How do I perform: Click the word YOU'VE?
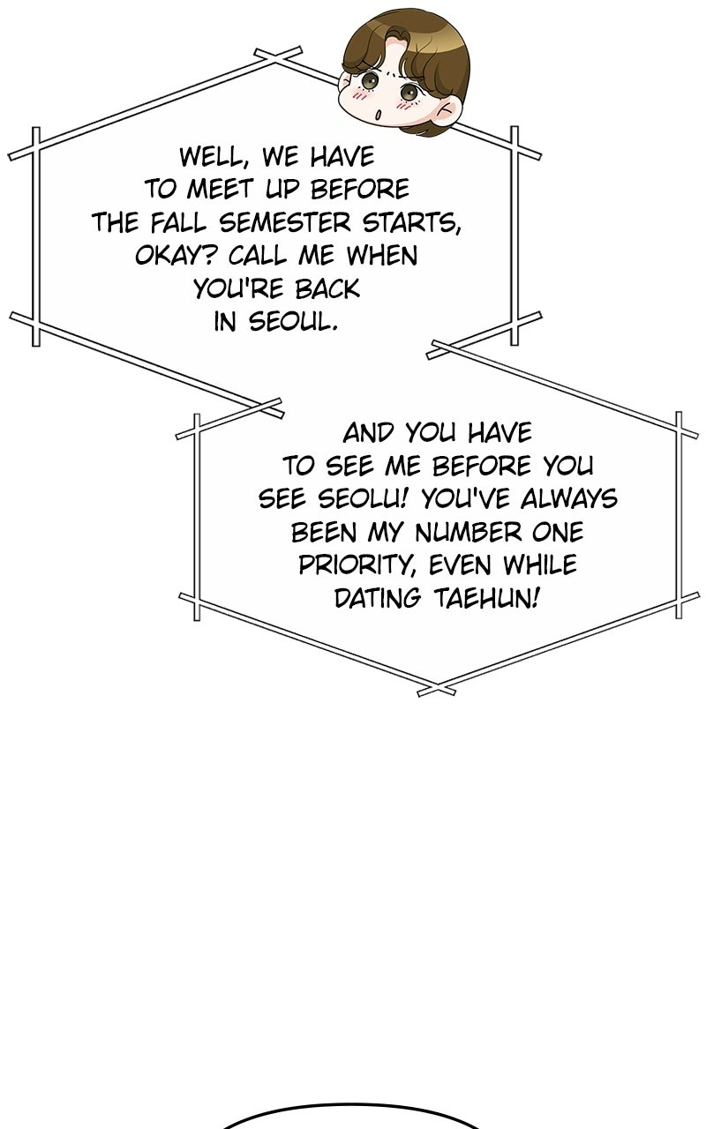pyautogui.click(x=465, y=498)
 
